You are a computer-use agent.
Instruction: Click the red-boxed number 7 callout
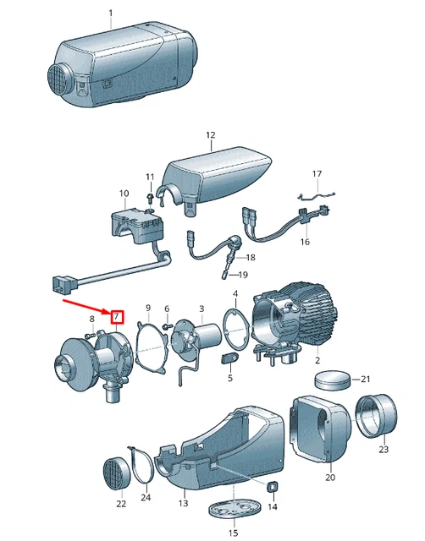117,317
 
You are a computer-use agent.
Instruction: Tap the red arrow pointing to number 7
86,308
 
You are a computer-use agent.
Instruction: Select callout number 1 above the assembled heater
111,14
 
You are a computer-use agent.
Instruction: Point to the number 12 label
211,135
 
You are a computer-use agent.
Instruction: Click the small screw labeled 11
151,198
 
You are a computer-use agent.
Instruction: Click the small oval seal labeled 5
229,358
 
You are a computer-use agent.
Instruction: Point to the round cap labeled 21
333,380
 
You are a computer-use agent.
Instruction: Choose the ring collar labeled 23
377,416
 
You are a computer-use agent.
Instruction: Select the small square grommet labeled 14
273,487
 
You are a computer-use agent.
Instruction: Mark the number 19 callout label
243,275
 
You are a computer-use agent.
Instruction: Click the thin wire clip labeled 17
317,196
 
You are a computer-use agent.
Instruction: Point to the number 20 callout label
330,478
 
